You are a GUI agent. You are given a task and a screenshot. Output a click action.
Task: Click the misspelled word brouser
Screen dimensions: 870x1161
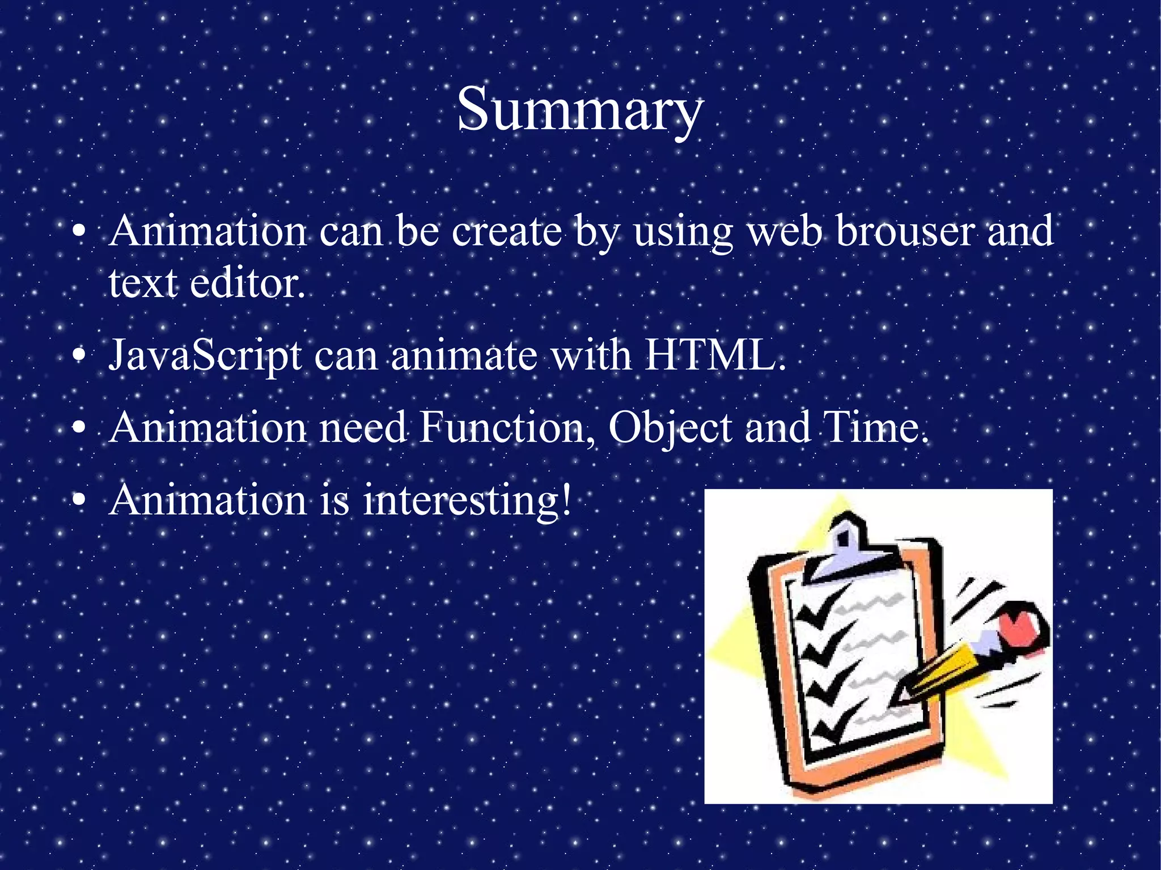point(905,232)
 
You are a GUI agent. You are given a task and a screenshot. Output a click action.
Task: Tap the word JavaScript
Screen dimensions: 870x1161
point(205,356)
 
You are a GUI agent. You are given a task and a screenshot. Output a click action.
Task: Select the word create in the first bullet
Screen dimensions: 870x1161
point(507,232)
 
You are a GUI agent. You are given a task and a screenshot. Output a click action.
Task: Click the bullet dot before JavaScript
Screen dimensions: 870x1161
point(80,356)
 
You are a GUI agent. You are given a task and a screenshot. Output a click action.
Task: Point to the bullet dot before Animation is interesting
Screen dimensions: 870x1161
point(80,500)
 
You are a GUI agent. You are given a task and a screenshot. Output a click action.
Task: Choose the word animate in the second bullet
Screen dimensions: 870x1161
point(464,356)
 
